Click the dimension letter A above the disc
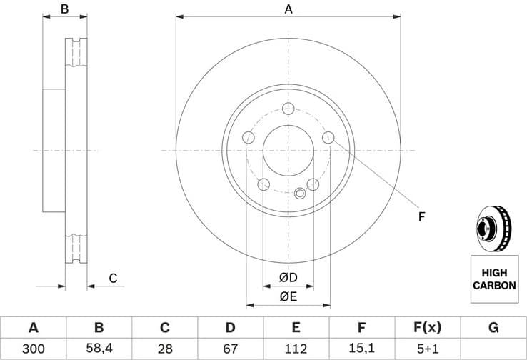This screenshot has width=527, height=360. tap(288, 9)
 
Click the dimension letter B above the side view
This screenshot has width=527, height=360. tap(64, 9)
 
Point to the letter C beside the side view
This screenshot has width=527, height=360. tap(112, 278)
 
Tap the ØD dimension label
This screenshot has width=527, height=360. tap(288, 277)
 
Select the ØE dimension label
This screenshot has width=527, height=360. tap(288, 296)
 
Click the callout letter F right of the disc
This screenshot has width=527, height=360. tap(421, 216)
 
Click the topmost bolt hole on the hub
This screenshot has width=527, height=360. tap(288, 109)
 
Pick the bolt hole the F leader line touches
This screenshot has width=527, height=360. tap(328, 137)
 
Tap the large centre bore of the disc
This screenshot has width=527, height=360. tap(288, 151)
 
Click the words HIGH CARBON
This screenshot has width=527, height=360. tap(493, 279)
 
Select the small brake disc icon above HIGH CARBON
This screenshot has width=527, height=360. tap(493, 229)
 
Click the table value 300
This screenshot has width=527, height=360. tap(33, 349)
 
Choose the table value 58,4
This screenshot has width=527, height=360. tap(99, 349)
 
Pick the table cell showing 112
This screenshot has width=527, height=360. tap(296, 349)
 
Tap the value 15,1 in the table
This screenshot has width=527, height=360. tap(361, 349)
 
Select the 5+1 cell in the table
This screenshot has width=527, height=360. tap(427, 349)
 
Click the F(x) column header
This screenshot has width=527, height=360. tap(427, 328)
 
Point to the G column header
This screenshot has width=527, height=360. tap(493, 328)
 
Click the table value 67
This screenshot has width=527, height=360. tap(230, 349)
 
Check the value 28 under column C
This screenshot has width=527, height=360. tap(164, 349)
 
